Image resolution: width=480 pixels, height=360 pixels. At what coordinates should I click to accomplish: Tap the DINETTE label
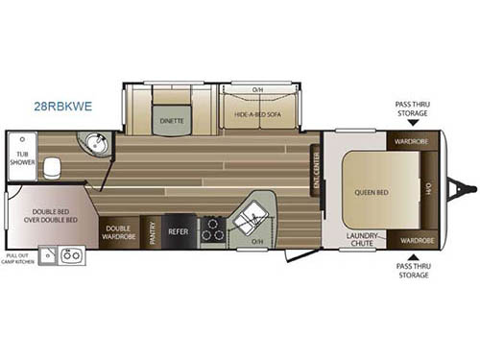(x=172, y=122)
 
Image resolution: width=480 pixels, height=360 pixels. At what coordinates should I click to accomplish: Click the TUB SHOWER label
(x=21, y=160)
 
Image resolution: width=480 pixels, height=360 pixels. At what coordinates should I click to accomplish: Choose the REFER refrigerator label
(x=179, y=231)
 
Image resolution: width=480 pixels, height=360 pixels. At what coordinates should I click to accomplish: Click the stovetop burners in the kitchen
(x=211, y=229)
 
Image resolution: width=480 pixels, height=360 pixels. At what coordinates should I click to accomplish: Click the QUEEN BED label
(x=369, y=190)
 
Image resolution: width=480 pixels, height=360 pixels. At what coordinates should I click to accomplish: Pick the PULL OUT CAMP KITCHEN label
(x=24, y=257)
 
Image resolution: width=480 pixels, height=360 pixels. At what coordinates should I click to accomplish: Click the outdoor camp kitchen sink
(x=70, y=255)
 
